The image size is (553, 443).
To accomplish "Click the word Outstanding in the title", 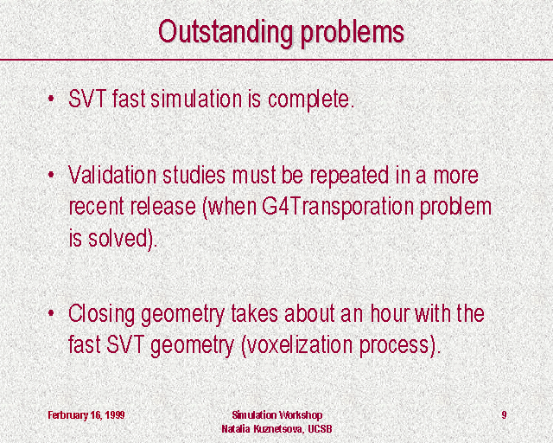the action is (226, 32).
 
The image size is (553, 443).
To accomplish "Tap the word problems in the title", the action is (352, 33).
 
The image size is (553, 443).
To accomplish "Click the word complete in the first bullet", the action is (311, 100).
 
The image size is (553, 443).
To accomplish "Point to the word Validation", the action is (112, 175).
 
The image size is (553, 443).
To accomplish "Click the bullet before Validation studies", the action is (52, 174).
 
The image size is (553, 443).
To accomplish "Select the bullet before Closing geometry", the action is (52, 312).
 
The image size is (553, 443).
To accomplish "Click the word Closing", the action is (102, 314).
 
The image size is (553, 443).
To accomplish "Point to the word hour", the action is (390, 313).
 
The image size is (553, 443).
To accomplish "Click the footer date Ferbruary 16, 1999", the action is (86, 415).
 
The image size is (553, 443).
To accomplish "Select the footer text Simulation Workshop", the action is (276, 414).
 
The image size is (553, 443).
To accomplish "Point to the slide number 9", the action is (504, 414).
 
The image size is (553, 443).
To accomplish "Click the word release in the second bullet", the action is (163, 206).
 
